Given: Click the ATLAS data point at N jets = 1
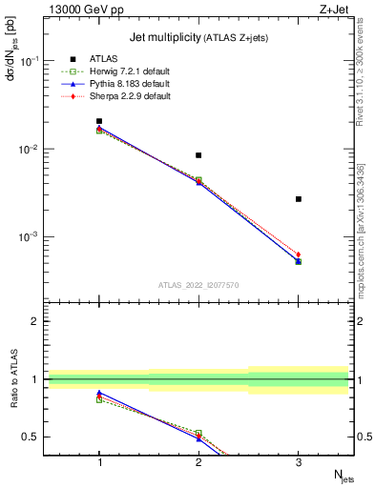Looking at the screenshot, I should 99,121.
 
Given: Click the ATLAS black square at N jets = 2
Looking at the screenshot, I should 198,155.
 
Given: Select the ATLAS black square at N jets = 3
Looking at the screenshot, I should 298,199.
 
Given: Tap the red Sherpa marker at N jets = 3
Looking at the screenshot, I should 298,254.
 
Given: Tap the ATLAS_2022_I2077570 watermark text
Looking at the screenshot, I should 198,284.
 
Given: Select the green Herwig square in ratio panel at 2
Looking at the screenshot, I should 198,434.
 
